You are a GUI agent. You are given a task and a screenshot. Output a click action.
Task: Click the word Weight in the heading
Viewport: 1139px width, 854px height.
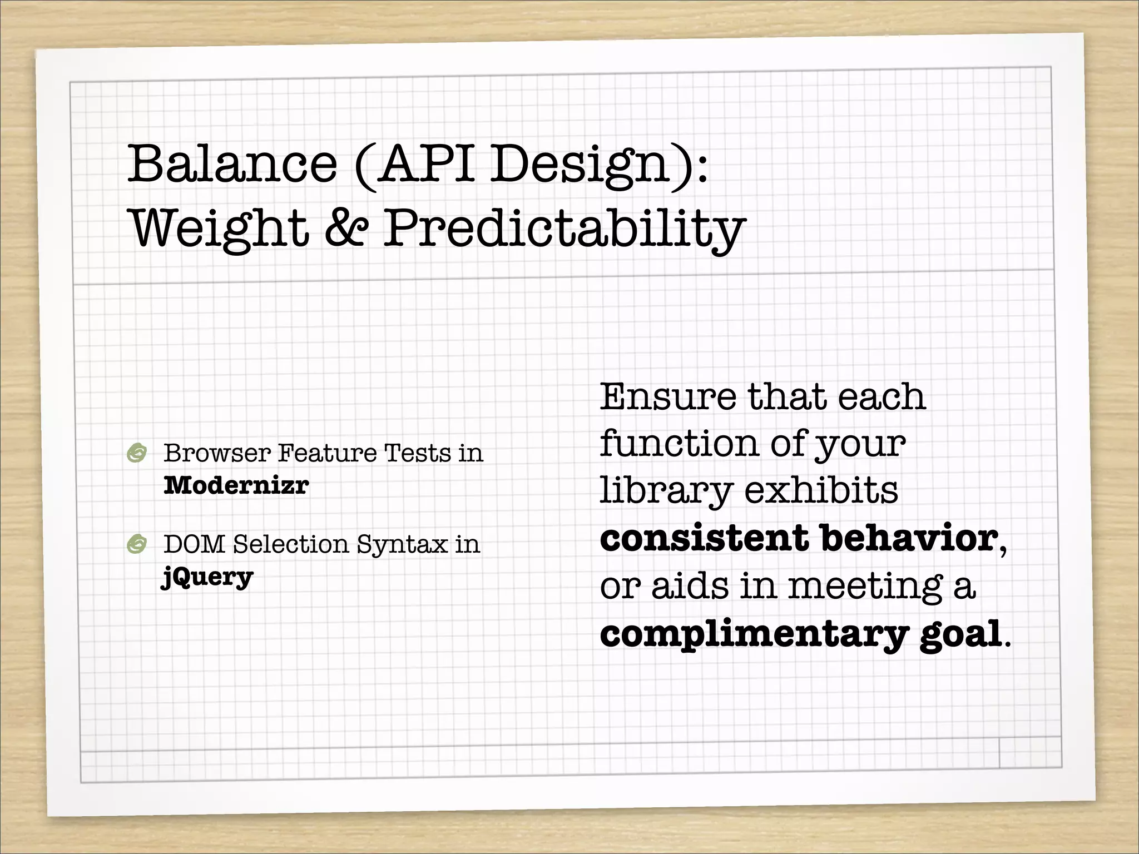[219, 229]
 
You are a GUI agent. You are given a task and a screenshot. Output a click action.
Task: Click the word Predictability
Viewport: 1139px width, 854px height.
[564, 229]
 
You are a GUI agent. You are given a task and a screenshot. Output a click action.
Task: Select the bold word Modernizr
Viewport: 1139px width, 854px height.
[236, 485]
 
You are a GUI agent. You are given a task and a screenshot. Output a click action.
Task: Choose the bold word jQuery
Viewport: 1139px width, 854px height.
[207, 577]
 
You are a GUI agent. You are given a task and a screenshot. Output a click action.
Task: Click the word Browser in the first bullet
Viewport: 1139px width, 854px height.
[217, 453]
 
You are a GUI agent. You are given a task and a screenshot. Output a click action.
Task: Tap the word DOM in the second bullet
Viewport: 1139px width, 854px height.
[194, 544]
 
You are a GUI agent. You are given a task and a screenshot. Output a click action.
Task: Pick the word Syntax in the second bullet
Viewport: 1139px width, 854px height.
[402, 545]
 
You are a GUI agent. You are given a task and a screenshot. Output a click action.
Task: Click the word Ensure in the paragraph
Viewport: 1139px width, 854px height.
[667, 397]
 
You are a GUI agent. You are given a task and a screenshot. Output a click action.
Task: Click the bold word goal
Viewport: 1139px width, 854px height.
[960, 634]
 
